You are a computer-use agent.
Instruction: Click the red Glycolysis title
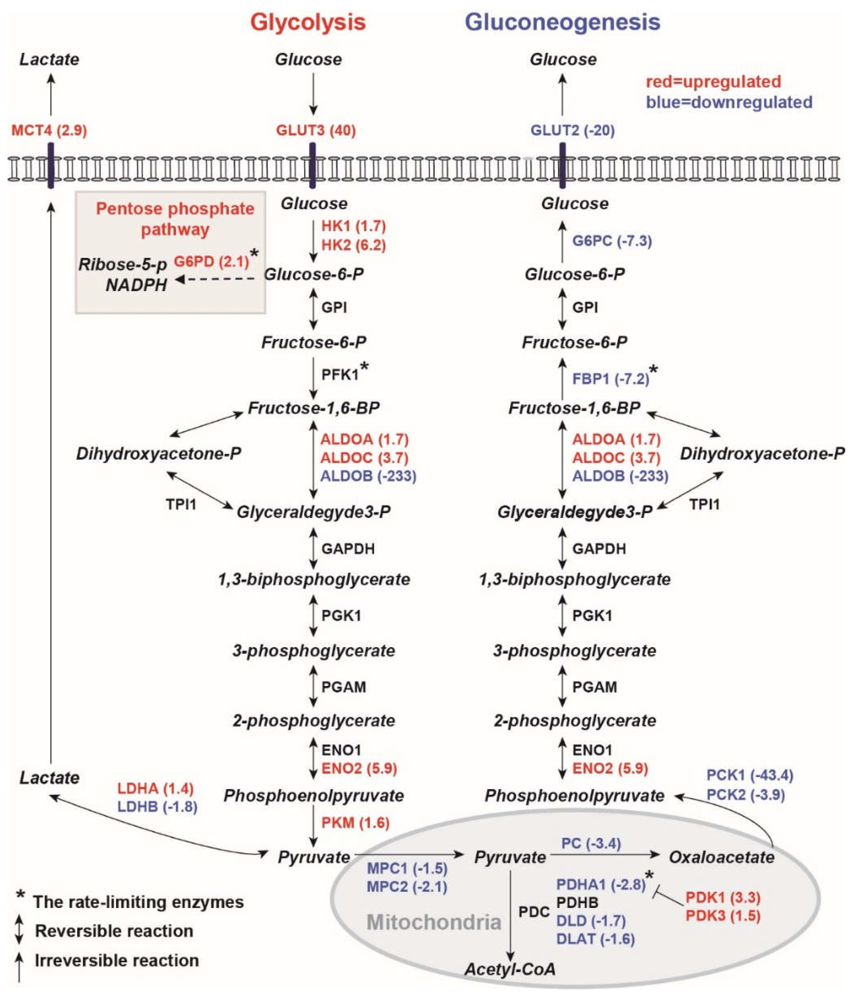308,22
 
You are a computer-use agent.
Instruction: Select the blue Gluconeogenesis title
563,22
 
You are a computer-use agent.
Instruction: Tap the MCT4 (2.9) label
49,130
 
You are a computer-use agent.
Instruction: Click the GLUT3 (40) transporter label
316,130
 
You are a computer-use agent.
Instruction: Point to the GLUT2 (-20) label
572,130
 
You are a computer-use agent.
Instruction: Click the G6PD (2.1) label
211,261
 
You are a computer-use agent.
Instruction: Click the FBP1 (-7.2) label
610,379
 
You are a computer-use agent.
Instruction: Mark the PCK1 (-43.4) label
749,775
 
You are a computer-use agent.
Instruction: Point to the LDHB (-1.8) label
157,807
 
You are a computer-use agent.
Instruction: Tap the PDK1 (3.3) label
723,897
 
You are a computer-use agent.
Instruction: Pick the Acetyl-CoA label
510,969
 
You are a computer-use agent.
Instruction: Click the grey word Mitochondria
434,922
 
